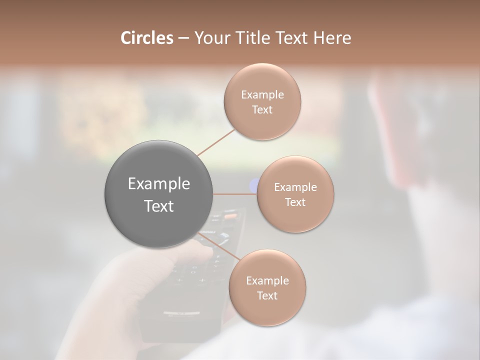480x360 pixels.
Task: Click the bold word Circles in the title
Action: (x=146, y=38)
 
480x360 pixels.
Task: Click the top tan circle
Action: (x=262, y=102)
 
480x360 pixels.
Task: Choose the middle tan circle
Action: (x=295, y=194)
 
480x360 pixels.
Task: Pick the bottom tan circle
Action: (x=267, y=288)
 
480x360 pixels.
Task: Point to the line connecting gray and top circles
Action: (x=216, y=142)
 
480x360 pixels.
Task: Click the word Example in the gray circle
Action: (x=159, y=184)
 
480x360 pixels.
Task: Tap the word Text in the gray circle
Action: (x=159, y=206)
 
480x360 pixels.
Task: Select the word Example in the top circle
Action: (x=262, y=95)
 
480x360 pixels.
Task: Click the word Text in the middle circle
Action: (x=295, y=202)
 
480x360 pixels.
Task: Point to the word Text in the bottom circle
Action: (x=267, y=296)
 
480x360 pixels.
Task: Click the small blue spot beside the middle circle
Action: (x=253, y=185)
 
